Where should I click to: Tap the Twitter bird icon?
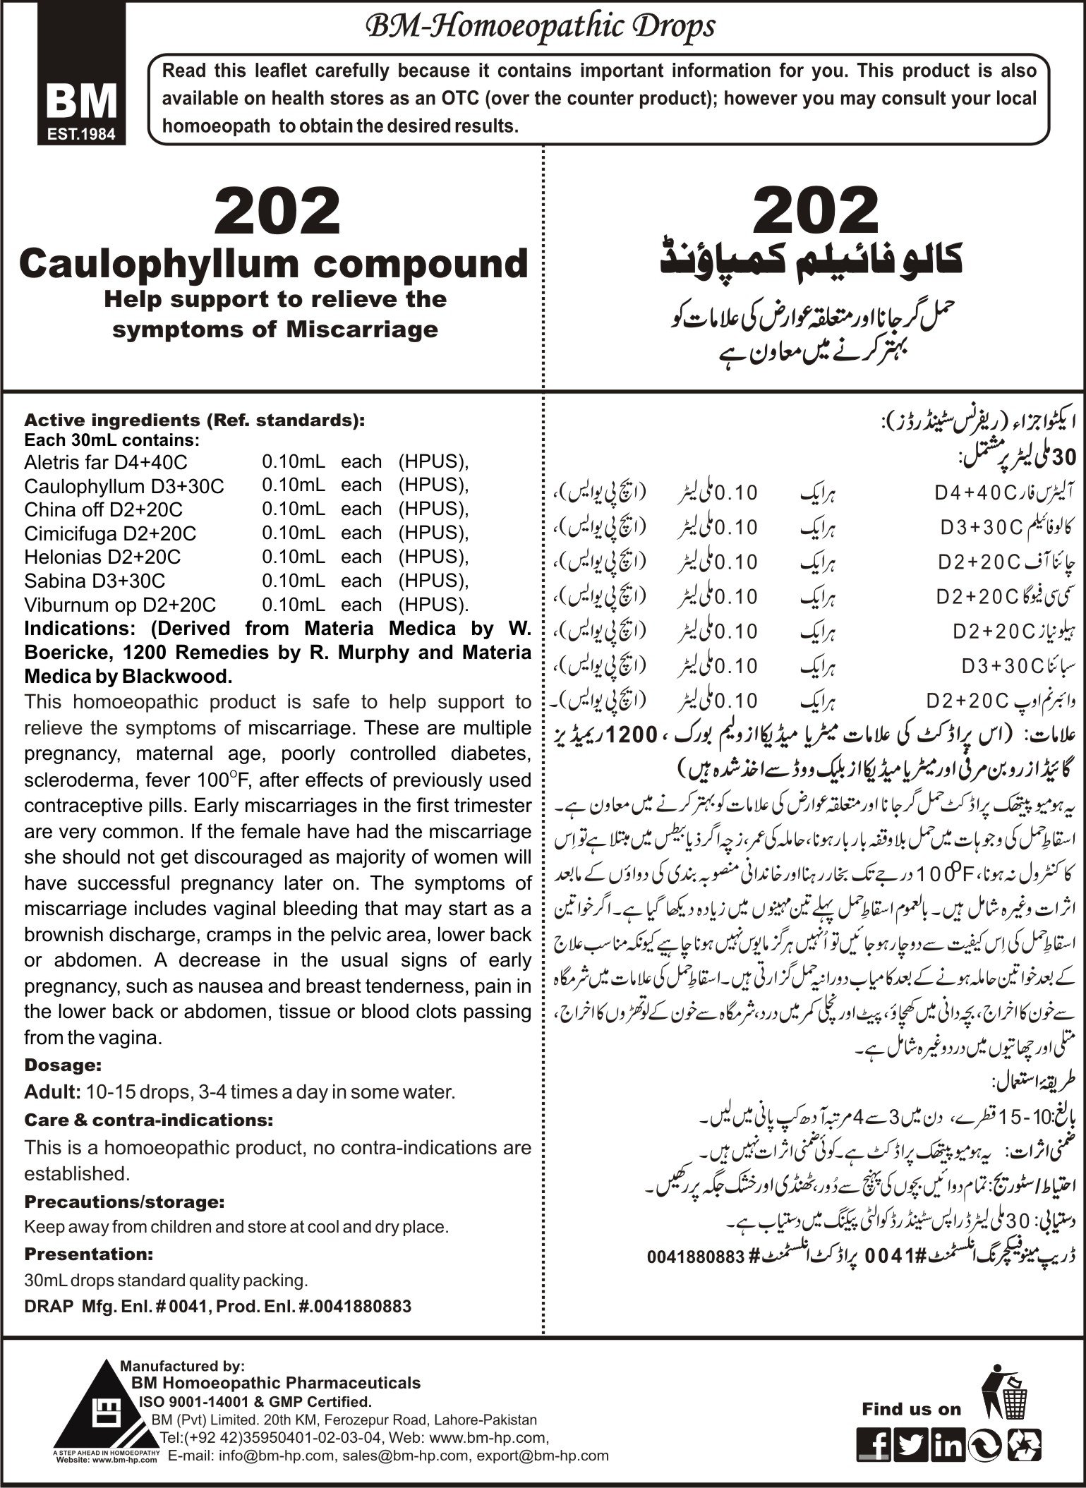(912, 1441)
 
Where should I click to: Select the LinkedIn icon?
(948, 1441)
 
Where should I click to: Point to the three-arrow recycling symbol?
(1025, 1441)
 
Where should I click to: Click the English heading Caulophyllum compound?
(273, 263)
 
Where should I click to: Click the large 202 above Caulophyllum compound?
(276, 210)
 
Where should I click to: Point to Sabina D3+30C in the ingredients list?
(95, 581)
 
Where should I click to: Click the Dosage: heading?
(63, 1065)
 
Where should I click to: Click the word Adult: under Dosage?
(52, 1092)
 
